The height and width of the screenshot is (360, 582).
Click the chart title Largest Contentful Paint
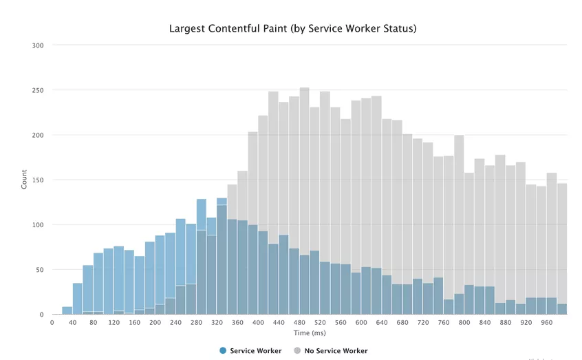pyautogui.click(x=292, y=29)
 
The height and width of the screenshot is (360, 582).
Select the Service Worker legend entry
pyautogui.click(x=255, y=351)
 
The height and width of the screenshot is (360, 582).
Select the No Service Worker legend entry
pyautogui.click(x=336, y=351)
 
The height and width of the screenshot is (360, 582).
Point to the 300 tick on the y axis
pyautogui.click(x=38, y=45)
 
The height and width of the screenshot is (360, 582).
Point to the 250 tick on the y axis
pyautogui.click(x=38, y=90)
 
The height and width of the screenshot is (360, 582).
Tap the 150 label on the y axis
pyautogui.click(x=38, y=180)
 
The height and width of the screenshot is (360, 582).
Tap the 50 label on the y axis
pyautogui.click(x=39, y=270)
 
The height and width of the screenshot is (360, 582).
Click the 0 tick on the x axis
pyautogui.click(x=52, y=322)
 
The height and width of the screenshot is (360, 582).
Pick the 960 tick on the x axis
pyautogui.click(x=546, y=322)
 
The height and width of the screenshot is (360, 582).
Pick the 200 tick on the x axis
pyautogui.click(x=155, y=322)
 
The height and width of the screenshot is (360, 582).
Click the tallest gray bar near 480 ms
pyautogui.click(x=304, y=172)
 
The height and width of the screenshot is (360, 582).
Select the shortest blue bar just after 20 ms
pyautogui.click(x=67, y=311)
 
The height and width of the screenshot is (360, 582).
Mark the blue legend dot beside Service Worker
pyautogui.click(x=223, y=351)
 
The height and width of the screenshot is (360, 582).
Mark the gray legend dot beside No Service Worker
pyautogui.click(x=297, y=351)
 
